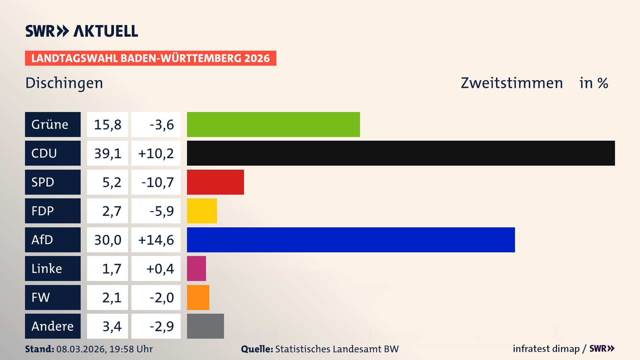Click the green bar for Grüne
click(x=273, y=124)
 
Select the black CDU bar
click(x=401, y=153)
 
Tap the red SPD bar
click(x=215, y=182)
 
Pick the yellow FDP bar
click(x=202, y=211)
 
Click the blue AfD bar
click(x=351, y=240)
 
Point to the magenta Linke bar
click(x=196, y=268)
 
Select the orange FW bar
click(x=198, y=297)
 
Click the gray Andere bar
click(x=205, y=326)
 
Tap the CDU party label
click(x=53, y=153)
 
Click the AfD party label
click(x=53, y=240)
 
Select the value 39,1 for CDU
click(x=107, y=153)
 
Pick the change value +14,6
click(x=156, y=240)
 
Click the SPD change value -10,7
click(x=157, y=182)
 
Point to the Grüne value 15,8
click(x=107, y=125)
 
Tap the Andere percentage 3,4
click(x=112, y=326)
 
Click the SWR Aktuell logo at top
click(x=82, y=31)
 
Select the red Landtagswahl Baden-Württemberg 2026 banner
click(x=150, y=58)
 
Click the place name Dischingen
click(x=64, y=83)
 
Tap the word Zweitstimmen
click(x=512, y=83)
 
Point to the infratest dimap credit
click(x=546, y=349)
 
